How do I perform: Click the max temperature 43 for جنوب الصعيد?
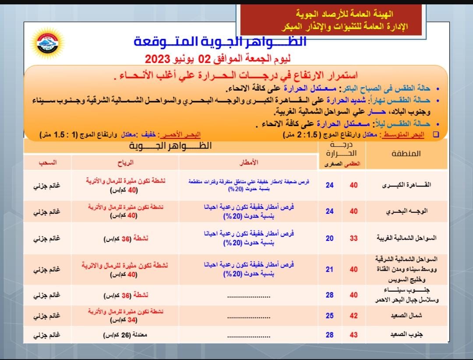(353, 335)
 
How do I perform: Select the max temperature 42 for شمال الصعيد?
(353, 315)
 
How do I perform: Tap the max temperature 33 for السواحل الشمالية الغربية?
(353, 238)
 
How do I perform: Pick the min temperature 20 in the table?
(329, 238)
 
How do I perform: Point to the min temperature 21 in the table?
(329, 269)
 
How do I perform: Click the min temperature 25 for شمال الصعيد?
(329, 315)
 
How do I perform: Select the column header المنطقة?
(405, 154)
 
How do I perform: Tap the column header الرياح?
(126, 162)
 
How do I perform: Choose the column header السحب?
(47, 162)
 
